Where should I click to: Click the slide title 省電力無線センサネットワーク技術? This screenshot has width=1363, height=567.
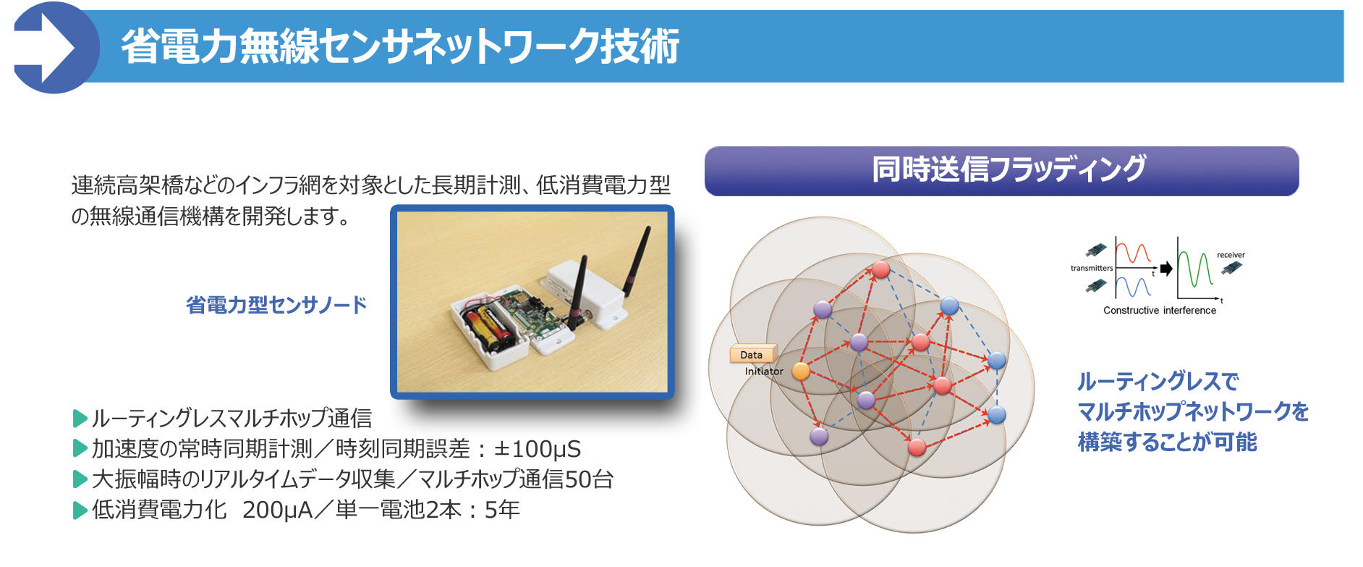[x=399, y=47]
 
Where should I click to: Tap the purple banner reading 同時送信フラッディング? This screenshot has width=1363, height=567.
[x=1001, y=171]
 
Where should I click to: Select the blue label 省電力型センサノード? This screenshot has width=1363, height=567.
[x=276, y=305]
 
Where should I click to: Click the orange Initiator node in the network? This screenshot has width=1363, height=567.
[x=800, y=371]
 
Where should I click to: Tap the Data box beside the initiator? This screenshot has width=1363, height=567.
[x=752, y=355]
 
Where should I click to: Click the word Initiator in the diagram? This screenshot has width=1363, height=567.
[x=764, y=371]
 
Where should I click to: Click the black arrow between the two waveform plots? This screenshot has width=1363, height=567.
[x=1165, y=269]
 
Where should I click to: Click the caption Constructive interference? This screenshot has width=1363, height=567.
[x=1159, y=311]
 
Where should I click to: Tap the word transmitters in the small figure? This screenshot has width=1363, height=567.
[x=1091, y=268]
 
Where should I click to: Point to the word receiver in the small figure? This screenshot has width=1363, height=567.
[x=1230, y=255]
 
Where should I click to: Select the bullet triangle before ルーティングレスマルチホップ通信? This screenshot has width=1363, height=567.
[x=80, y=419]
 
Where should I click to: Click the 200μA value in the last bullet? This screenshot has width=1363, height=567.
[x=277, y=510]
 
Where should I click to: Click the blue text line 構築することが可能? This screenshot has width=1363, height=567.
[x=1166, y=442]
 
